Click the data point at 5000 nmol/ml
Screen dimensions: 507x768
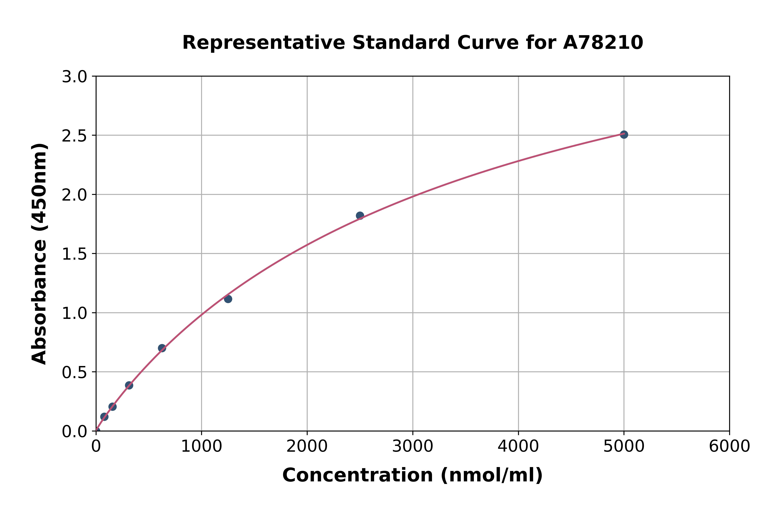(x=624, y=135)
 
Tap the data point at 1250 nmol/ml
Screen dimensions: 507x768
(x=228, y=299)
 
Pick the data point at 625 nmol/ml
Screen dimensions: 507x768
(x=162, y=348)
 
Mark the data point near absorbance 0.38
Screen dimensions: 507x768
(x=129, y=385)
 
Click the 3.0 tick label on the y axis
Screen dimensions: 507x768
(x=74, y=77)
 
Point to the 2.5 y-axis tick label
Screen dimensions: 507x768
(x=74, y=136)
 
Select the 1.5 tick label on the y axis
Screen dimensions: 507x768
(x=74, y=254)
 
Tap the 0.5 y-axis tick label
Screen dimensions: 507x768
(x=74, y=372)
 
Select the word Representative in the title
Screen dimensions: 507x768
(x=264, y=43)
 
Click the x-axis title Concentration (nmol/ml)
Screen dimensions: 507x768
(x=413, y=475)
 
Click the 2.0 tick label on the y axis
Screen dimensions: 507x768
(x=74, y=195)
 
